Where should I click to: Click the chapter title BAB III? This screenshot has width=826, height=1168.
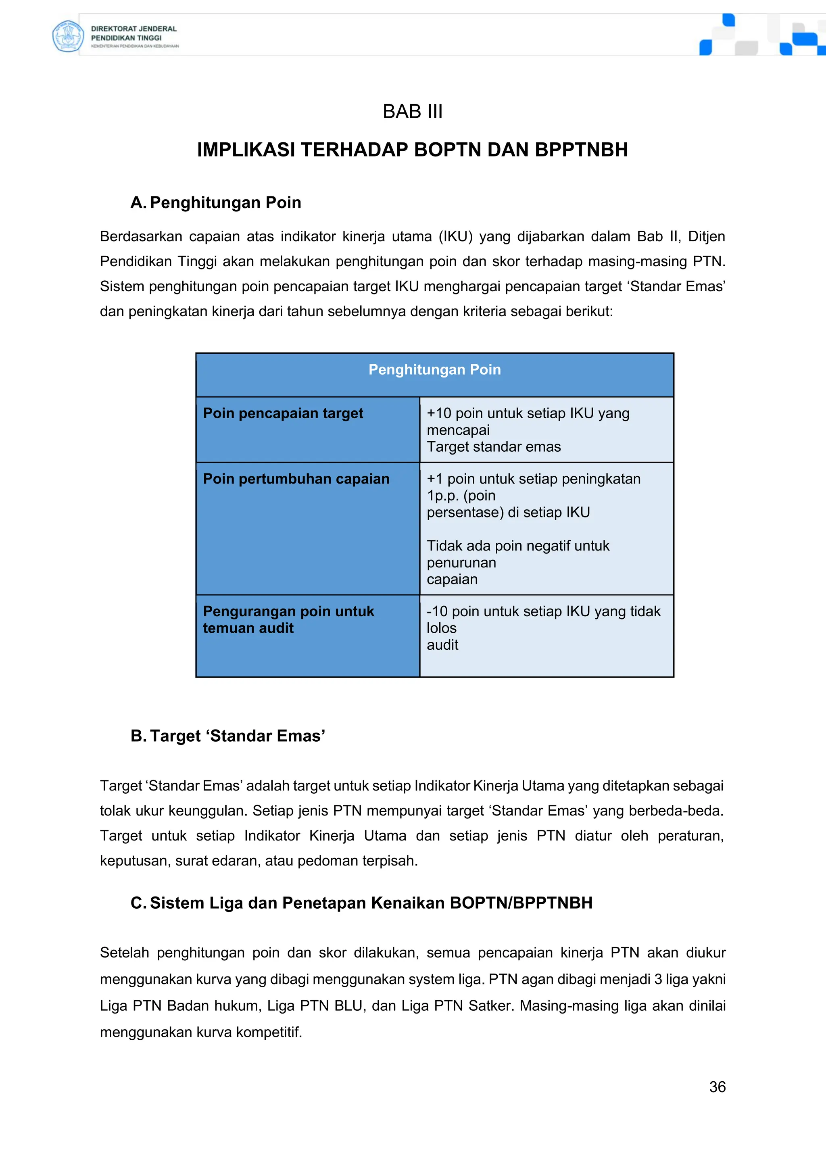pyautogui.click(x=413, y=111)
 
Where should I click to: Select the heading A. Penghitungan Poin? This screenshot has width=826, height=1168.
pyautogui.click(x=216, y=202)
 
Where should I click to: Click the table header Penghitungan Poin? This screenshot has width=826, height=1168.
pyautogui.click(x=434, y=370)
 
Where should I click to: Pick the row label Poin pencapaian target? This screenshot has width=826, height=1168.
pyautogui.click(x=283, y=413)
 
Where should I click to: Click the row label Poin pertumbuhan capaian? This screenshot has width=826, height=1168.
pyautogui.click(x=296, y=479)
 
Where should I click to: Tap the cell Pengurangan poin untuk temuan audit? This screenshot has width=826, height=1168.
pyautogui.click(x=288, y=619)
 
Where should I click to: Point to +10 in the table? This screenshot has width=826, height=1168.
pyautogui.click(x=440, y=413)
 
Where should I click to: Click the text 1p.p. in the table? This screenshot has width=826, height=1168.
pyautogui.click(x=442, y=496)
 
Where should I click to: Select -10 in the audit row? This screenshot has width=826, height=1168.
pyautogui.click(x=436, y=611)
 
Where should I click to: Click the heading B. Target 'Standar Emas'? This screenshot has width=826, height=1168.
pyautogui.click(x=228, y=736)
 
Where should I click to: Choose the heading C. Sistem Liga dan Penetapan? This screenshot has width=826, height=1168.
pyautogui.click(x=361, y=903)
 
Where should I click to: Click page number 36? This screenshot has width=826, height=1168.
pyautogui.click(x=717, y=1087)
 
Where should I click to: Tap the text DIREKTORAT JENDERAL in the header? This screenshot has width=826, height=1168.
pyautogui.click(x=134, y=29)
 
